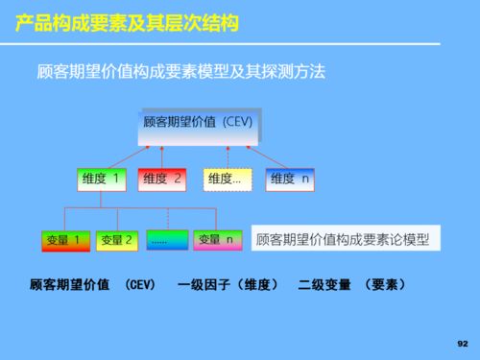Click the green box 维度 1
click(101, 179)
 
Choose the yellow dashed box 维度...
click(228, 179)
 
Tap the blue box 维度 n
click(290, 179)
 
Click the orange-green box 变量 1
click(65, 240)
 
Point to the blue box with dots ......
click(167, 240)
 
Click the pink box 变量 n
click(217, 239)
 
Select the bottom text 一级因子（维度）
click(228, 285)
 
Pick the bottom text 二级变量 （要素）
click(351, 285)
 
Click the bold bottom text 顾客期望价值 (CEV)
click(92, 285)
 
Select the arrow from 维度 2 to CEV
click(162, 157)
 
